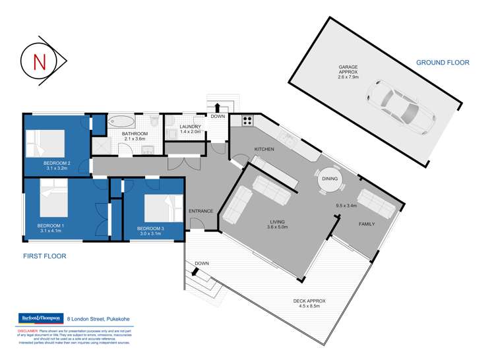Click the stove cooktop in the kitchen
tap(248, 121)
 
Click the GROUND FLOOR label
tap(442, 63)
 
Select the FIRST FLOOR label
tap(44, 255)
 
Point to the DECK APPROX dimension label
tap(309, 304)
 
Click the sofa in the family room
tap(377, 204)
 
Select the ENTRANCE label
tap(201, 211)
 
